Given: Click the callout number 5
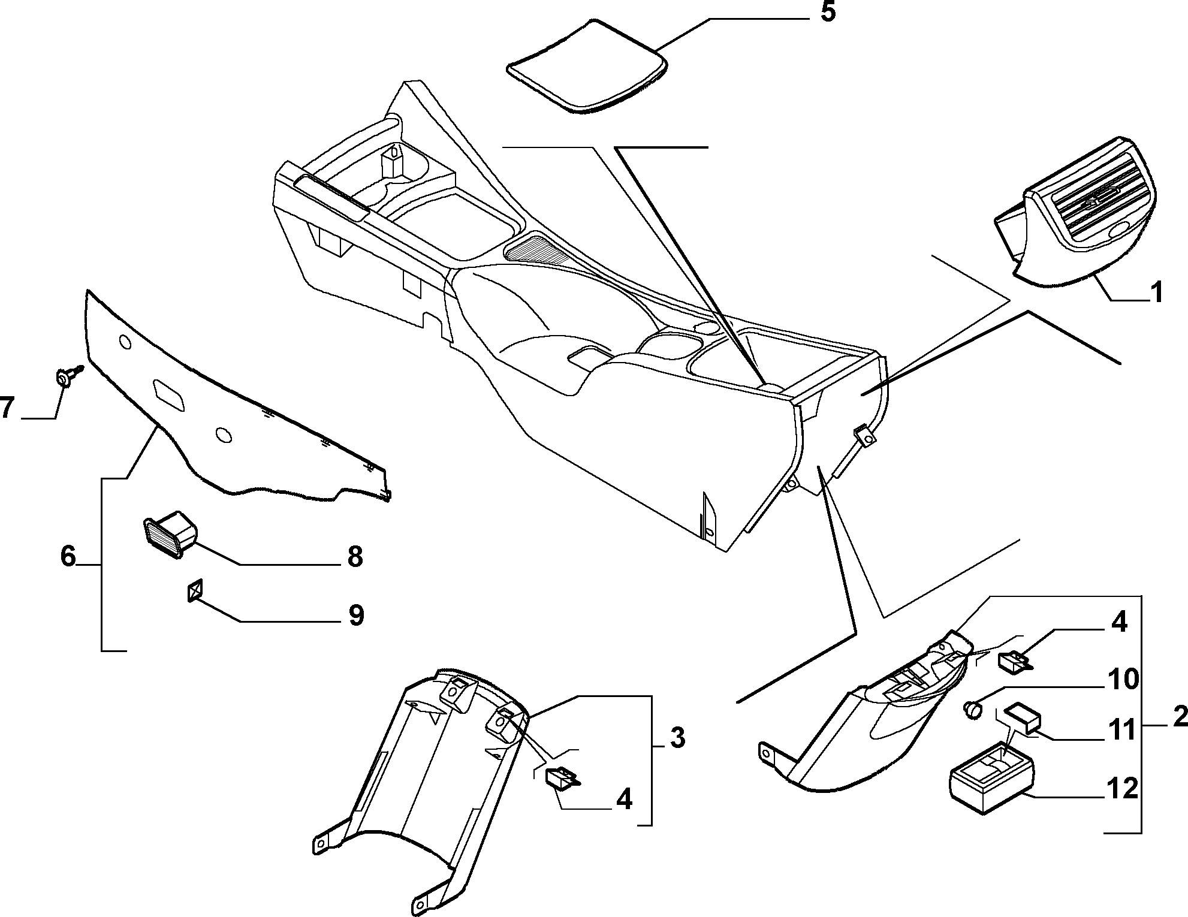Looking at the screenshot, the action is tap(827, 12).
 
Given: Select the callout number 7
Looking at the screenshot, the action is tap(8, 408).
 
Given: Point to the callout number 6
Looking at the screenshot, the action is tap(68, 557).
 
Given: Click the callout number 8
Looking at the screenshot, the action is tap(355, 557).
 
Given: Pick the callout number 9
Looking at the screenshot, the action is tap(355, 616).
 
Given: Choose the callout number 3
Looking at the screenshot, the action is tap(677, 739).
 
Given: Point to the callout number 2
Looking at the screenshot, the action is tap(1178, 717).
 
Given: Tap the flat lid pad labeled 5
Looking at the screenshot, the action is tap(587, 66).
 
